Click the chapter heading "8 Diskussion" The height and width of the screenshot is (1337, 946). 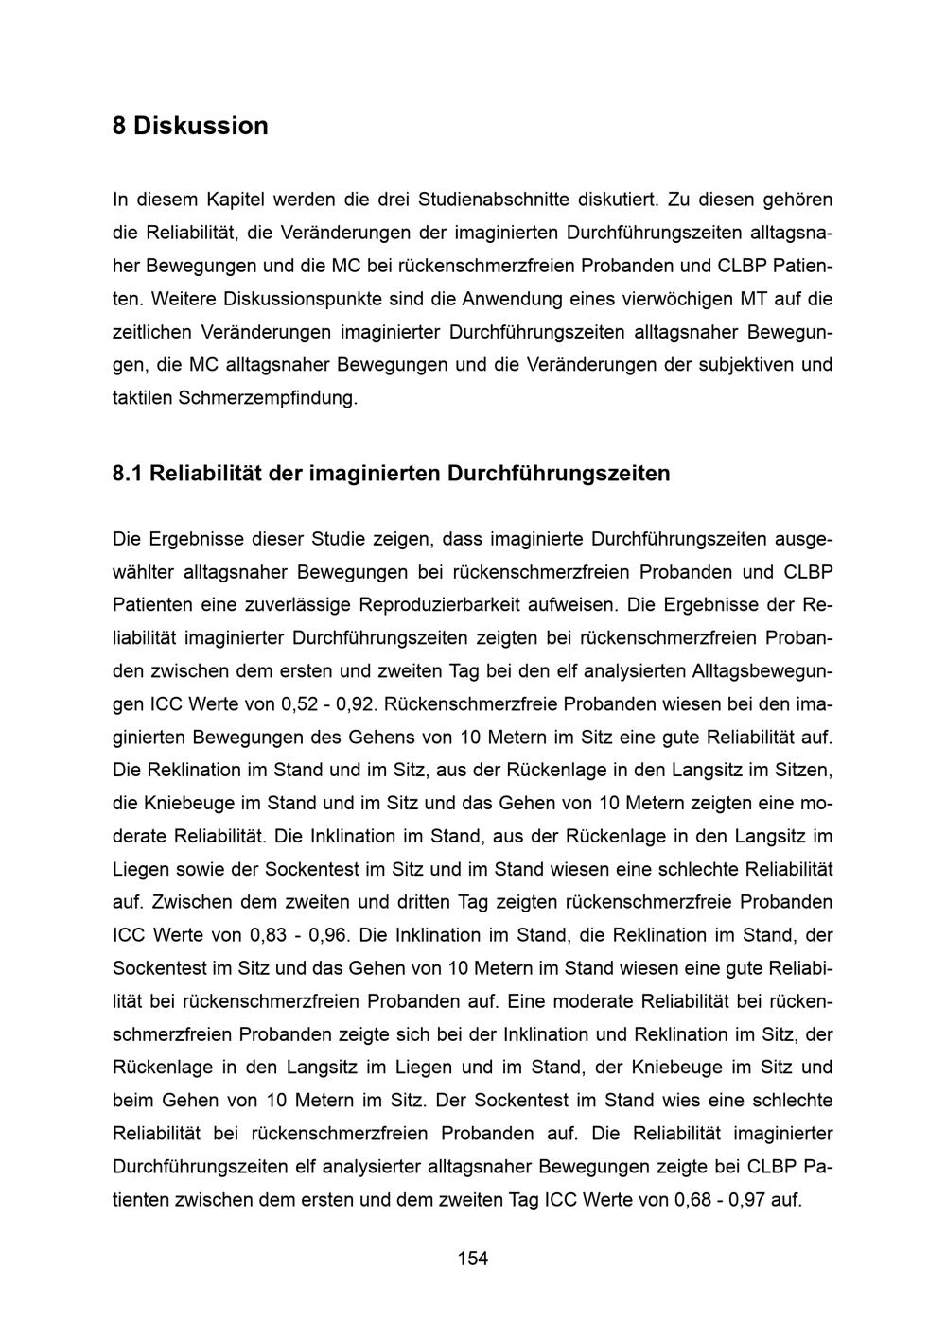[190, 126]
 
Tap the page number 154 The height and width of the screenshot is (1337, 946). [473, 1259]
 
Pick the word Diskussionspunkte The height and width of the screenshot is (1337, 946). [303, 299]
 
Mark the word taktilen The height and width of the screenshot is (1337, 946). [142, 398]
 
